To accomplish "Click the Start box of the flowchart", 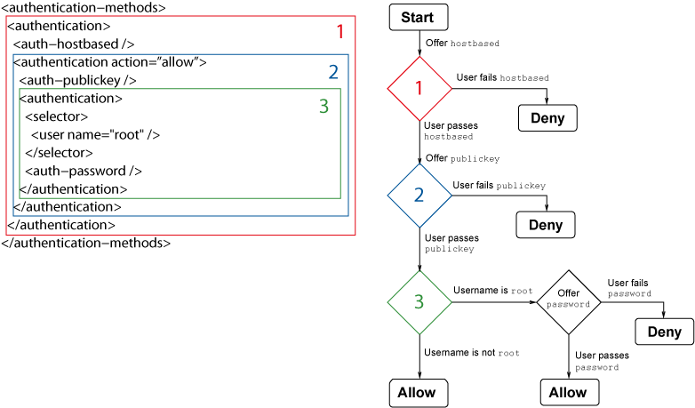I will tap(418, 18).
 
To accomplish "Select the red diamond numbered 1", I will tap(419, 88).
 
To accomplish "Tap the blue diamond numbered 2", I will tap(419, 195).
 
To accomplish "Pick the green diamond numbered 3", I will tap(419, 302).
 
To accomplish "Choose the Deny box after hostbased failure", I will tap(547, 118).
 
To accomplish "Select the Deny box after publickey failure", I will tap(546, 225).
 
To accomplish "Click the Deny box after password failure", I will tap(664, 332).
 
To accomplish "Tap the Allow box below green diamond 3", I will tap(418, 392).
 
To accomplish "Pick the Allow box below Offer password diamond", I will tap(569, 392).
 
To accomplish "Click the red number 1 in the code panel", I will tap(340, 32).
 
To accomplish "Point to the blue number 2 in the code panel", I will tap(333, 72).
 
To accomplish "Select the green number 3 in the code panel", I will tap(324, 107).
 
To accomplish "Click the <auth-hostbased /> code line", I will tap(74, 44).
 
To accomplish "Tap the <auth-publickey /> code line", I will tap(77, 80).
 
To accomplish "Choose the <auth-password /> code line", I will tap(84, 171).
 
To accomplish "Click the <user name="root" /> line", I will tap(95, 134).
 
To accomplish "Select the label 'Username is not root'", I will tap(471, 353).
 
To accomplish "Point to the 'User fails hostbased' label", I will tap(502, 77).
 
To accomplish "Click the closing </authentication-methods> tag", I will tap(85, 243).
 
